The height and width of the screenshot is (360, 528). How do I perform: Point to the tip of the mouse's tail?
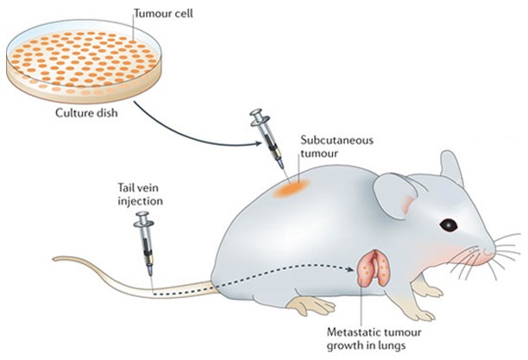pyautogui.click(x=55, y=257)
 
